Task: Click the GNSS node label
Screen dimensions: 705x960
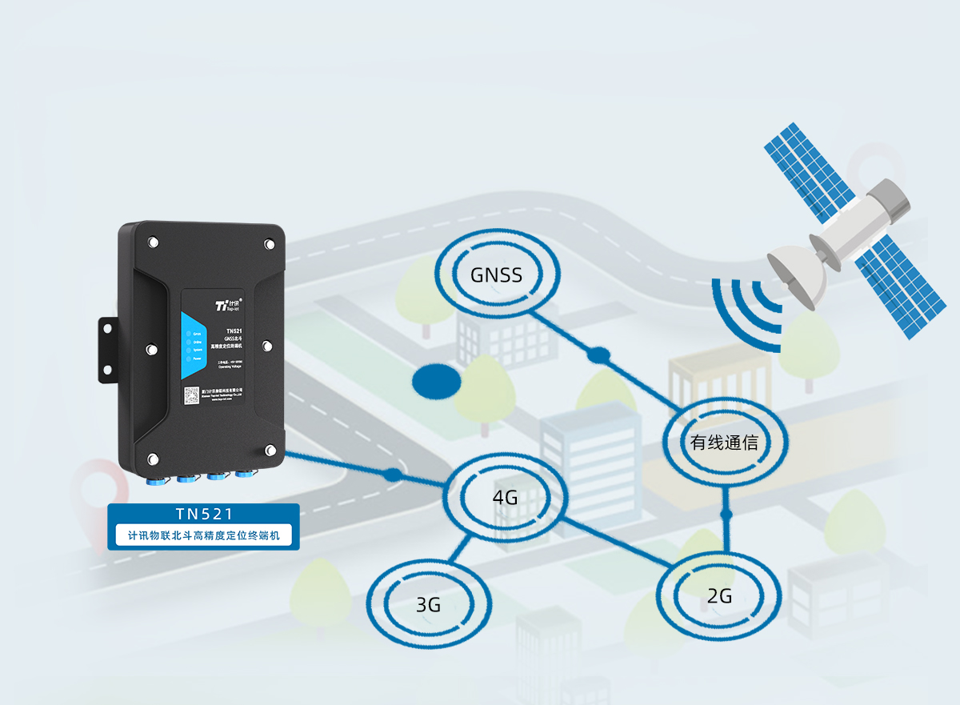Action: (496, 276)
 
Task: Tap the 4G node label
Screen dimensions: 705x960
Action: (505, 498)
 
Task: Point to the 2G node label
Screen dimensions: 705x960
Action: (720, 596)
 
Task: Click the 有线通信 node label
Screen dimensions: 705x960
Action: (725, 442)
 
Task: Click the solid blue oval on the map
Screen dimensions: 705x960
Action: (437, 381)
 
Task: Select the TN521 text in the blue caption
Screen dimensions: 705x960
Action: (203, 514)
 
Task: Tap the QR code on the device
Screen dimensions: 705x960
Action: (191, 395)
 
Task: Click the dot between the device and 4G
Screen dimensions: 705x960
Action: (392, 475)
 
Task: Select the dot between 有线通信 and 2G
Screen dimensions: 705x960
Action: (726, 514)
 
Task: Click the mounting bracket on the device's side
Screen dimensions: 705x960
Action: (106, 348)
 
